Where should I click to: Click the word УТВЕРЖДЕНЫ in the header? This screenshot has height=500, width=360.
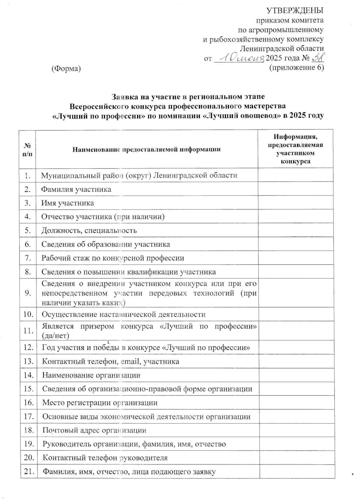click(295, 11)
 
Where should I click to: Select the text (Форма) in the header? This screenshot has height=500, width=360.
click(66, 68)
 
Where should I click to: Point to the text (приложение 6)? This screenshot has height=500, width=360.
click(297, 68)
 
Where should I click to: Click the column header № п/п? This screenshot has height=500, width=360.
click(28, 149)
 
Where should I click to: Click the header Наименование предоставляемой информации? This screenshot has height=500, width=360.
click(146, 149)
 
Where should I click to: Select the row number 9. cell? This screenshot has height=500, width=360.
click(28, 293)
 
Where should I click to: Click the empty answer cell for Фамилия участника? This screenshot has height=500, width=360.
click(295, 189)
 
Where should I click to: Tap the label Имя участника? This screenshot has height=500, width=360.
click(68, 203)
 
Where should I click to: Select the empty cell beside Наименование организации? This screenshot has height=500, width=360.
click(296, 375)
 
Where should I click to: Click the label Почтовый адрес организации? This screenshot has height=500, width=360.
click(94, 430)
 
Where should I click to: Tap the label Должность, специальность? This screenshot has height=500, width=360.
click(89, 231)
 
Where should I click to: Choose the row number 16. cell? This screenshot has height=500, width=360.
click(28, 403)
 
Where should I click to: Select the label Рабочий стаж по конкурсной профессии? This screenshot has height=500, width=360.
click(113, 258)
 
